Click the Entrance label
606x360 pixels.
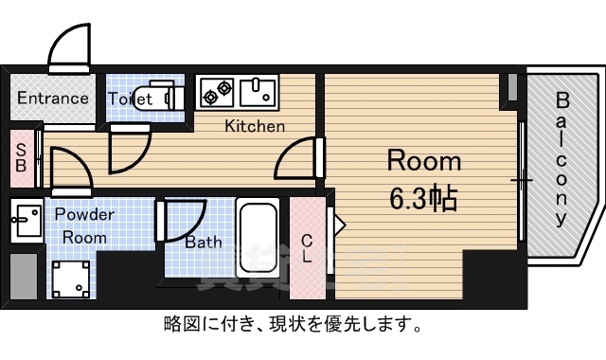(x=52, y=98)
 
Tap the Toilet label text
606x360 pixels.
(x=131, y=98)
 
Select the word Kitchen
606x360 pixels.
(x=254, y=125)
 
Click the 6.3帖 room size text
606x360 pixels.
(x=422, y=198)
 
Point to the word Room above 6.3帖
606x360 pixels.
(x=423, y=160)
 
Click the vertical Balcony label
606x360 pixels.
(x=561, y=158)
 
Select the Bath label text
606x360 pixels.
(x=204, y=242)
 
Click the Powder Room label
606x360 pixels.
(x=82, y=225)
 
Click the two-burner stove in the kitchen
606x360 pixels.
(x=217, y=93)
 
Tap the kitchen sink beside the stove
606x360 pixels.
(x=257, y=93)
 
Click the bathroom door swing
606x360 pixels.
(x=183, y=220)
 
